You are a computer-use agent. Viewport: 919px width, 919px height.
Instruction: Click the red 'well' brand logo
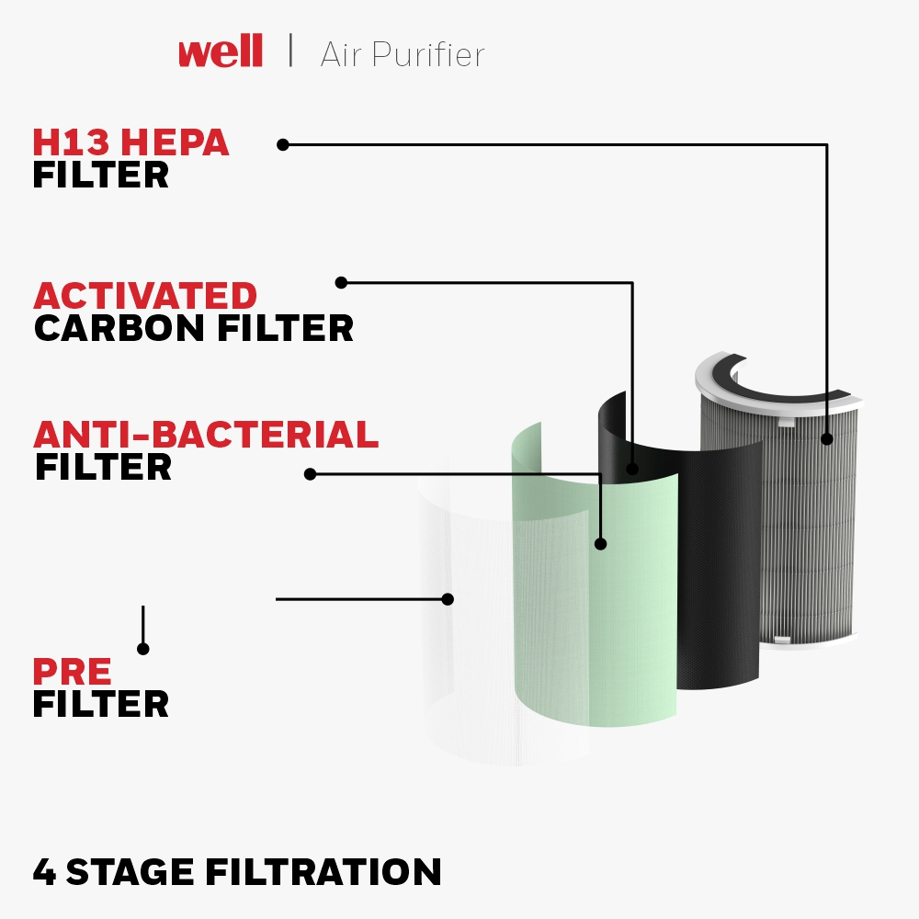click(221, 51)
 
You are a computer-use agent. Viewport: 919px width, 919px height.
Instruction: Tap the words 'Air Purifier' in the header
click(403, 54)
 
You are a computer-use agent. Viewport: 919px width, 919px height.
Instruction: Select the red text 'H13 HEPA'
click(130, 142)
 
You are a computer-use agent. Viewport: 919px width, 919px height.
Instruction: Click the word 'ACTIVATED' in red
click(145, 295)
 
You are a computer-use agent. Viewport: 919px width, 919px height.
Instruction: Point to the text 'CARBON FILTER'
click(194, 328)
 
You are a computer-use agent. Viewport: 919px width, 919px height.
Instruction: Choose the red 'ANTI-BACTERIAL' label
click(206, 435)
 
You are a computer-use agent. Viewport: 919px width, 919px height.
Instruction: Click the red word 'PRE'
click(72, 671)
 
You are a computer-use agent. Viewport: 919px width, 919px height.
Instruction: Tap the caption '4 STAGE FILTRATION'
click(237, 871)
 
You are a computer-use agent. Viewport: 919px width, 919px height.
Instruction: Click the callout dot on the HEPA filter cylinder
click(827, 439)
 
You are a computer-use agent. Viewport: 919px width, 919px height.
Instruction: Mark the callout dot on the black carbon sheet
click(632, 469)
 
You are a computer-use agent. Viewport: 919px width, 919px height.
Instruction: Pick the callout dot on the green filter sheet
click(600, 544)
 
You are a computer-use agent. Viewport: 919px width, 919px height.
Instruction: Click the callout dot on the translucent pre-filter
click(448, 599)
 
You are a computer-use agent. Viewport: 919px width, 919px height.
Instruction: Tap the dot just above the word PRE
click(143, 649)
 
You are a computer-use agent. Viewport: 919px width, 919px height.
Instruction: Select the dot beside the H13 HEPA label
click(283, 145)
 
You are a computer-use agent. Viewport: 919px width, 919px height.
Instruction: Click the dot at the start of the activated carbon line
click(341, 282)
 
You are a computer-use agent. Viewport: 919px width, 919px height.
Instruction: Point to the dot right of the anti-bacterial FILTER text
click(310, 474)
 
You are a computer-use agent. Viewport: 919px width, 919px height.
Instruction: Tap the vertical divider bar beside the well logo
click(290, 51)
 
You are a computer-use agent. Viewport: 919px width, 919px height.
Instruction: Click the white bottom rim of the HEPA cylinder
click(809, 641)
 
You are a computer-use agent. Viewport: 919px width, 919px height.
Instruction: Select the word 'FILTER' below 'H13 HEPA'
click(101, 175)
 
